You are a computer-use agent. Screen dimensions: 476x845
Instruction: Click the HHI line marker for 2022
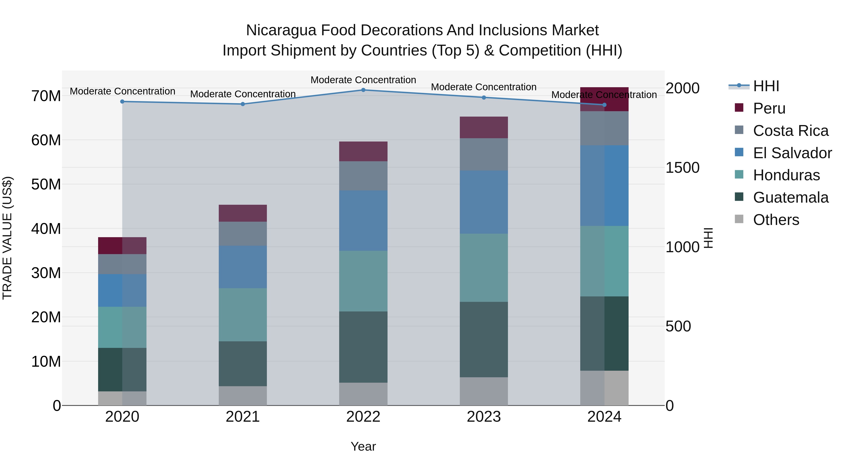(363, 90)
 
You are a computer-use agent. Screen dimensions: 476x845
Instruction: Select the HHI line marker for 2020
(122, 102)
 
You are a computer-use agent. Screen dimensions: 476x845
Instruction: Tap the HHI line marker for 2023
(484, 98)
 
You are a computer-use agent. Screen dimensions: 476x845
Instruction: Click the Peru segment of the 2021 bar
(243, 213)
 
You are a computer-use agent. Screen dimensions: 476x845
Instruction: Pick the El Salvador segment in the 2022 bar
(363, 221)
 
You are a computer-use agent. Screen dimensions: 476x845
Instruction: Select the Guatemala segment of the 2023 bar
(484, 339)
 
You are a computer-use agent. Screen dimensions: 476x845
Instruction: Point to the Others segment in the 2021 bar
(243, 396)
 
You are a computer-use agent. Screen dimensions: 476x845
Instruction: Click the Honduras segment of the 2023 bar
(484, 268)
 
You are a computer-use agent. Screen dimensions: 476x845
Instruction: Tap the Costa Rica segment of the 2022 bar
(363, 176)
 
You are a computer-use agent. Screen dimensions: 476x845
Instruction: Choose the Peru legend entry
(769, 108)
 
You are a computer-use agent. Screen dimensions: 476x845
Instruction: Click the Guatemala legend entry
(791, 197)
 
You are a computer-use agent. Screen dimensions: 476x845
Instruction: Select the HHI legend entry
(766, 86)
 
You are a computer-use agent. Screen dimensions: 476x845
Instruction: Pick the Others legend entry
(776, 220)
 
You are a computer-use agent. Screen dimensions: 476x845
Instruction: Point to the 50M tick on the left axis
(46, 184)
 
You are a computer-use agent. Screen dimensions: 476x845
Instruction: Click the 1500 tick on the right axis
(682, 168)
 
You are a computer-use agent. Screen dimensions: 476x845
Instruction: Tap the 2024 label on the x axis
(604, 417)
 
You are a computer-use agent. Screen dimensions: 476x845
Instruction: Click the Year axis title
(363, 446)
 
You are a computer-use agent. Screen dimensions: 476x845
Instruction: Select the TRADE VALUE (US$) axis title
(7, 238)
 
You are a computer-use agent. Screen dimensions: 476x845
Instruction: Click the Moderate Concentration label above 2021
(243, 94)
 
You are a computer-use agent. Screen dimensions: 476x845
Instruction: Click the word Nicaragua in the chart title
(281, 30)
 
